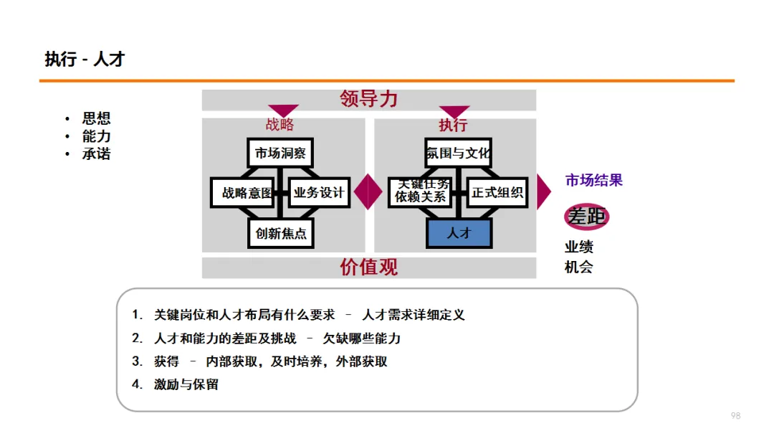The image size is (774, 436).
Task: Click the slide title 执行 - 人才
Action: coord(85,60)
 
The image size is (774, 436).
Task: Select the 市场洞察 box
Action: coord(280,153)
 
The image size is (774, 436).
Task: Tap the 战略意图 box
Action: coord(243,192)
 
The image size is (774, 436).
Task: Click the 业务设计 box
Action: coord(319,192)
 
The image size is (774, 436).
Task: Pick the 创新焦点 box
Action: coord(280,233)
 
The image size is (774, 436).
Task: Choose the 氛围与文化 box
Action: coord(458,153)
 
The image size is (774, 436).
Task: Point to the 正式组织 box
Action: coord(497,192)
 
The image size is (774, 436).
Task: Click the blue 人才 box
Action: coord(459,233)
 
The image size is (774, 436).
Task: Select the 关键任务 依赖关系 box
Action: coord(421,191)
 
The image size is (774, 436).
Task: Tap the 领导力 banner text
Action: coord(369,99)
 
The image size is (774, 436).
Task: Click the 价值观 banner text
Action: coord(369,267)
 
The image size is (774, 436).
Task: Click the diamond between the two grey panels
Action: coord(368,191)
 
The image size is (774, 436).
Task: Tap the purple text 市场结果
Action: coord(594,181)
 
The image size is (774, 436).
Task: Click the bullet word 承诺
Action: coord(96,154)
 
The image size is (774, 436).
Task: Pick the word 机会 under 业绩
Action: coord(579,267)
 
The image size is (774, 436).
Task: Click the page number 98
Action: coord(735,416)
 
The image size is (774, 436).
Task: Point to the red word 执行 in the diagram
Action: coord(453,125)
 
